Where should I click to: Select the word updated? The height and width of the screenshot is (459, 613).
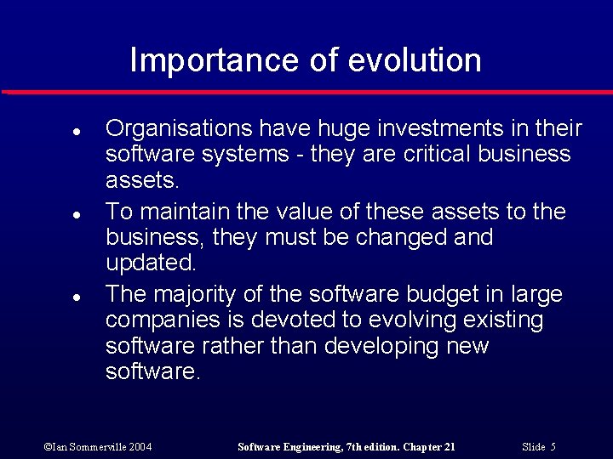[x=151, y=263]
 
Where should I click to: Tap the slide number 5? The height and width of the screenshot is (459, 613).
[x=553, y=447]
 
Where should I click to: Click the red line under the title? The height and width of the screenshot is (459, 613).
[x=306, y=92]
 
